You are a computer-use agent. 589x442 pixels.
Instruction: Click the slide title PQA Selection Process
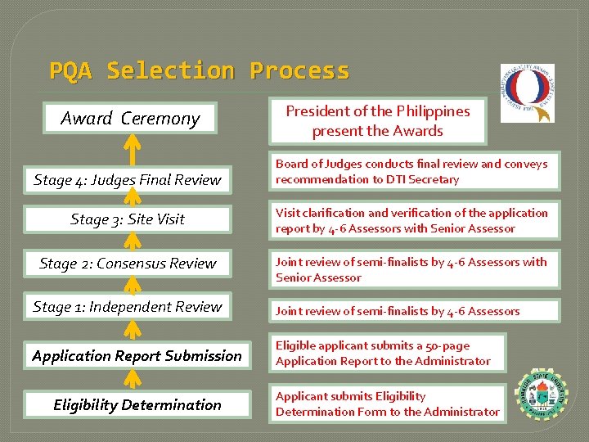(x=199, y=71)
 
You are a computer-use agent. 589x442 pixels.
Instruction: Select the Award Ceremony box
(x=130, y=119)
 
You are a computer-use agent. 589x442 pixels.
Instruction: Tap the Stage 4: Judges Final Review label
(x=128, y=179)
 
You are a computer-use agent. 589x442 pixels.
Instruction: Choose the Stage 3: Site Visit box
(x=128, y=219)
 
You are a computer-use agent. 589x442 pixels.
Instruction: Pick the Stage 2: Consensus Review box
(x=128, y=264)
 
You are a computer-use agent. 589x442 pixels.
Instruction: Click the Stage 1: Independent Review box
(x=128, y=307)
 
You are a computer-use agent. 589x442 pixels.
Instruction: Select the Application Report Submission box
(x=137, y=356)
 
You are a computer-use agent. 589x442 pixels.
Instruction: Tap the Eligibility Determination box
(x=137, y=404)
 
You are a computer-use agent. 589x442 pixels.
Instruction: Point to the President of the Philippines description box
(x=377, y=120)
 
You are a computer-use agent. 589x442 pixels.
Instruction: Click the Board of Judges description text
(x=411, y=172)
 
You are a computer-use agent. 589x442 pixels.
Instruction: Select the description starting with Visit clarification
(x=411, y=221)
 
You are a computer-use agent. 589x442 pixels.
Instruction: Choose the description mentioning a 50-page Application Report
(x=387, y=353)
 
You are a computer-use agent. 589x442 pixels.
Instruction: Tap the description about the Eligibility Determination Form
(x=387, y=404)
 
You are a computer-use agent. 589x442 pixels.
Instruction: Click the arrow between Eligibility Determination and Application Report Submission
(x=130, y=380)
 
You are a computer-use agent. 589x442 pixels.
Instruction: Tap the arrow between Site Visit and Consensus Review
(x=130, y=241)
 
